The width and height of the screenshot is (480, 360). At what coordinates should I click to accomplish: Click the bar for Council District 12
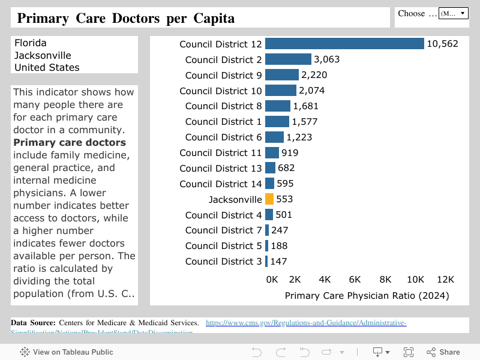(344, 44)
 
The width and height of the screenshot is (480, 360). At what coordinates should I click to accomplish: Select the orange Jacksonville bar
(269, 199)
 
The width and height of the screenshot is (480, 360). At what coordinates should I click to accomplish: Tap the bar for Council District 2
(288, 59)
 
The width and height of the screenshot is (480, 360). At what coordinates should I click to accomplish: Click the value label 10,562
(442, 44)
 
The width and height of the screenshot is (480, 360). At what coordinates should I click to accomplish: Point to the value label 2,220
(314, 75)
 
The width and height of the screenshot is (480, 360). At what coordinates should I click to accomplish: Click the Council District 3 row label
(223, 261)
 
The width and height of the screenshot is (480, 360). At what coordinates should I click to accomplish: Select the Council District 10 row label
(220, 91)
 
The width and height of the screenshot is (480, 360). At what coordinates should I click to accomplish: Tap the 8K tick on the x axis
(385, 280)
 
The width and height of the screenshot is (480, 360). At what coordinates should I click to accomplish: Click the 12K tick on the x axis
(445, 280)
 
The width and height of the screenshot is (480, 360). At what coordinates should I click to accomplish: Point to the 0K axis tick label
(272, 280)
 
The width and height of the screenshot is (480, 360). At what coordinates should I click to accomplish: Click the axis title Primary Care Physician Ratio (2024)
(367, 295)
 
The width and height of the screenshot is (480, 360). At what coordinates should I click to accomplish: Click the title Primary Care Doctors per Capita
(125, 18)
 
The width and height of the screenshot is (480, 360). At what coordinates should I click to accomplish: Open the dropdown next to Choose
(453, 13)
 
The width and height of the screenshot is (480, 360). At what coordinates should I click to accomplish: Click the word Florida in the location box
(31, 43)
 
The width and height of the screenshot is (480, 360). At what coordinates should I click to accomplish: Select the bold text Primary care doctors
(70, 142)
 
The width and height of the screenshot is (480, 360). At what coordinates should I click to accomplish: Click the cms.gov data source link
(305, 323)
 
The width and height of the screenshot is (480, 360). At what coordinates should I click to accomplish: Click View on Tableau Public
(67, 352)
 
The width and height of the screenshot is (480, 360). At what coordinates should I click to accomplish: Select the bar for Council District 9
(282, 75)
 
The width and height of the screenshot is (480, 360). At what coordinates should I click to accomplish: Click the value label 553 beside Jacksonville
(284, 199)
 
